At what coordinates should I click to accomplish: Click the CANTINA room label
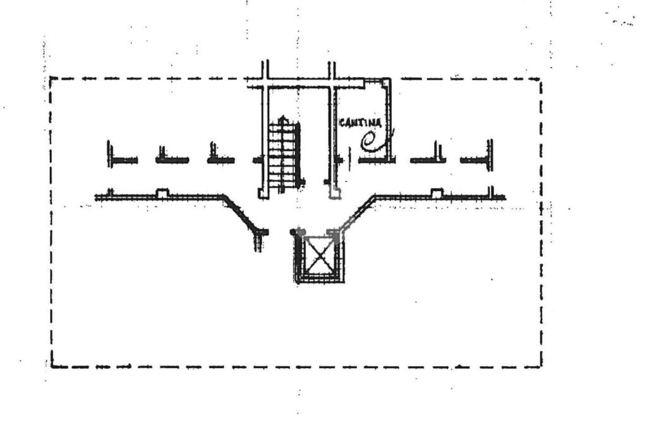pyautogui.click(x=360, y=122)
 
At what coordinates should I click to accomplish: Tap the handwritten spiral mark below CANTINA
pyautogui.click(x=373, y=141)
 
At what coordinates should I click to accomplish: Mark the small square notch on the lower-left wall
pyautogui.click(x=162, y=193)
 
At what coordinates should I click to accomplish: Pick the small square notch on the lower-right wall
pyautogui.click(x=436, y=192)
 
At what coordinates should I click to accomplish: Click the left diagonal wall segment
pyautogui.click(x=241, y=213)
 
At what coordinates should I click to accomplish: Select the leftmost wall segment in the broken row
pyautogui.click(x=122, y=159)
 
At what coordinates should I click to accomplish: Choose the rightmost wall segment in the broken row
pyautogui.click(x=476, y=159)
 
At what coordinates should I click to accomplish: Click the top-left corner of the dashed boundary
pyautogui.click(x=51, y=78)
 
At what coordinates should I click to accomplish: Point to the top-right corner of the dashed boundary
pyautogui.click(x=540, y=79)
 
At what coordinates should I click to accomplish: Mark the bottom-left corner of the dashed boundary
pyautogui.click(x=52, y=366)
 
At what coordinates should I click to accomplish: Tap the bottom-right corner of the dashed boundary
pyautogui.click(x=541, y=365)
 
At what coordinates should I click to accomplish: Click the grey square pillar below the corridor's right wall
pyautogui.click(x=335, y=194)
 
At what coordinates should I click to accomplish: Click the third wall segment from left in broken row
pyautogui.click(x=221, y=159)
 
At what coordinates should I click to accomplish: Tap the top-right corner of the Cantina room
pyautogui.click(x=387, y=80)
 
